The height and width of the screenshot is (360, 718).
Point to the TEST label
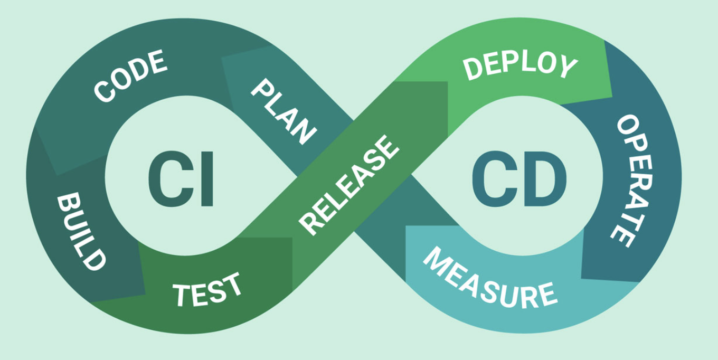pos(208,288)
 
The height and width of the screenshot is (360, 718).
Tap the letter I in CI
pos(207,178)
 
